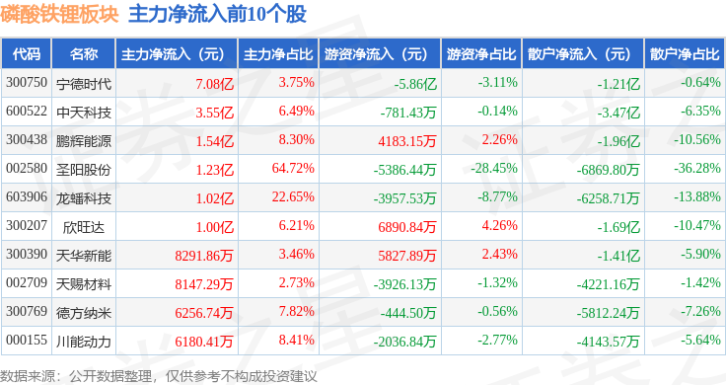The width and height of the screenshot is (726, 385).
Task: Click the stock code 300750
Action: [x=27, y=83]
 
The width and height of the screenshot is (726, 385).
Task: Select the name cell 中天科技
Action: [x=84, y=113]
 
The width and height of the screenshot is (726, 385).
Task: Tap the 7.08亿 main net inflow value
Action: [x=214, y=84]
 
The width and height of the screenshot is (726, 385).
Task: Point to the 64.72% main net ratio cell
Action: [x=293, y=168]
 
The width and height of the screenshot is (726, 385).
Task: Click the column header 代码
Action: [x=27, y=54]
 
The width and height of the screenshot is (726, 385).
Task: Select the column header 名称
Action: [x=84, y=54]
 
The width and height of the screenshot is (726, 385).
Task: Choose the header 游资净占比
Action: [x=481, y=54]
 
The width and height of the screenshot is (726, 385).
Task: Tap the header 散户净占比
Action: [x=685, y=54]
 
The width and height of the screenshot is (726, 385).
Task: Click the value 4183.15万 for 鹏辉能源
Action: [x=407, y=141]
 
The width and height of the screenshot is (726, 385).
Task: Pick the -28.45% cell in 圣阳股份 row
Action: [x=494, y=168]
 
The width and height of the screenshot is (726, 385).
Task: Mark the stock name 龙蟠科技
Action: [x=84, y=198]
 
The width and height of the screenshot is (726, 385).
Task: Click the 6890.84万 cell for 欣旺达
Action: [x=407, y=227]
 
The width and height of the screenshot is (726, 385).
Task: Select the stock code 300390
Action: [x=27, y=254]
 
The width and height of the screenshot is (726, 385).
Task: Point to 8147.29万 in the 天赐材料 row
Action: [x=204, y=284]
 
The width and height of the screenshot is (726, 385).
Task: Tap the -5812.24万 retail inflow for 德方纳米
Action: [x=608, y=313]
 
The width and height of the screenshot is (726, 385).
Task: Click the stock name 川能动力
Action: [x=84, y=342]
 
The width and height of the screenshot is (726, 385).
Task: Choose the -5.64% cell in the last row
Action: [x=700, y=340]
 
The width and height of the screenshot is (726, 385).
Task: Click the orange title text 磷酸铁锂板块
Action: [x=60, y=15]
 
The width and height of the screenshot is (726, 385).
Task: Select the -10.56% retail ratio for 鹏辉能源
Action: [x=697, y=139]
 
